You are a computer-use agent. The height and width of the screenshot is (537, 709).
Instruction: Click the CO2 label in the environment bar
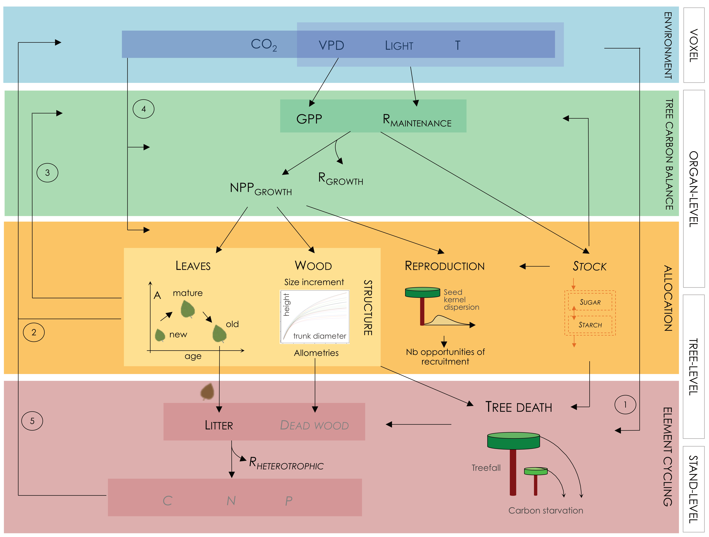tap(263, 45)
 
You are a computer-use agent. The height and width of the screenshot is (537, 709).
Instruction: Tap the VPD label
tap(331, 45)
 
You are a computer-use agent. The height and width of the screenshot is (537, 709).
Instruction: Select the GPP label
tap(309, 119)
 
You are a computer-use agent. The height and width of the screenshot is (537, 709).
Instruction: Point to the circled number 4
tap(144, 109)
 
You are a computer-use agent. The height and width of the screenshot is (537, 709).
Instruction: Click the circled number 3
tap(47, 173)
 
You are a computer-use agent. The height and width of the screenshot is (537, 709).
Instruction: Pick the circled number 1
tap(625, 405)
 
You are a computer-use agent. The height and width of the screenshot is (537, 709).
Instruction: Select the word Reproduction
tap(445, 266)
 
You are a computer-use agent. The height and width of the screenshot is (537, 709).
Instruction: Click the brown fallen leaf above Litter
tap(207, 391)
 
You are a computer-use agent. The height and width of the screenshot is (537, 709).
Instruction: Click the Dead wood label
tap(314, 425)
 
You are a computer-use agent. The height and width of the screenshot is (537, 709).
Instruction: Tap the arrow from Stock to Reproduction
tap(534, 266)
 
